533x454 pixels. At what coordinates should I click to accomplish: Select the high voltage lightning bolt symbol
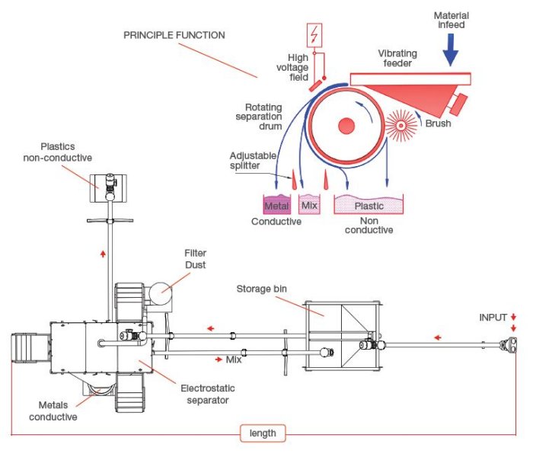coord(313,34)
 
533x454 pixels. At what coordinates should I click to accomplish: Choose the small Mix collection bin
coord(309,204)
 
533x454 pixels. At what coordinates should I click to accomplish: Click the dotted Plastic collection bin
coord(369,204)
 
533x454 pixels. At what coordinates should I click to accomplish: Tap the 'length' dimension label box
coord(263,434)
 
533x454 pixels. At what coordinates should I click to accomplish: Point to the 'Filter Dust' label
coord(195,257)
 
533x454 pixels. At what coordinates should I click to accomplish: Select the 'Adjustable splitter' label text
coord(252,161)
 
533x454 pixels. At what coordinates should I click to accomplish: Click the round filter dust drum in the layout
coord(162,290)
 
